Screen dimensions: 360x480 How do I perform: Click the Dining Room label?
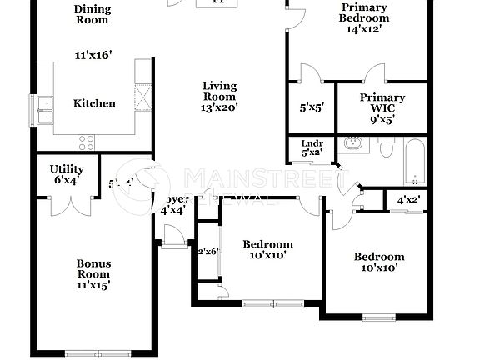pyautogui.click(x=92, y=14)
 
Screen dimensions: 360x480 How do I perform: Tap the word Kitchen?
pyautogui.click(x=94, y=104)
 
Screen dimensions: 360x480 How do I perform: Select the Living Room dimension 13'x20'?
pyautogui.click(x=219, y=107)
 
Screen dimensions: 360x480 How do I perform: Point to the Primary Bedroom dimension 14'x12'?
pyautogui.click(x=364, y=29)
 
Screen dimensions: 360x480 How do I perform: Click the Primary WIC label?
pyautogui.click(x=382, y=97)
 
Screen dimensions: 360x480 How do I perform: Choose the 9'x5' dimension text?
pyautogui.click(x=382, y=119)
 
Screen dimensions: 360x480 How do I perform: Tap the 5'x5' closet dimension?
pyautogui.click(x=312, y=107)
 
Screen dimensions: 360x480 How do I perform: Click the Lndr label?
pyautogui.click(x=312, y=142)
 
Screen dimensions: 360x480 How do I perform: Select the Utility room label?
pyautogui.click(x=66, y=169)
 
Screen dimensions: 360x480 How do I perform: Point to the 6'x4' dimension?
pyautogui.click(x=66, y=181)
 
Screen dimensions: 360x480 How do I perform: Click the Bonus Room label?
pyautogui.click(x=93, y=268)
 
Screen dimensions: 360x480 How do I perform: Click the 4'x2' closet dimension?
pyautogui.click(x=408, y=200)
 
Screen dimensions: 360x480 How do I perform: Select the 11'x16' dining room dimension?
pyautogui.click(x=92, y=56)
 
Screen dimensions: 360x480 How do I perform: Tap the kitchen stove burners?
pyautogui.click(x=86, y=142)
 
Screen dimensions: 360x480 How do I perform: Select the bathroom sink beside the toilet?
pyautogui.click(x=354, y=143)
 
